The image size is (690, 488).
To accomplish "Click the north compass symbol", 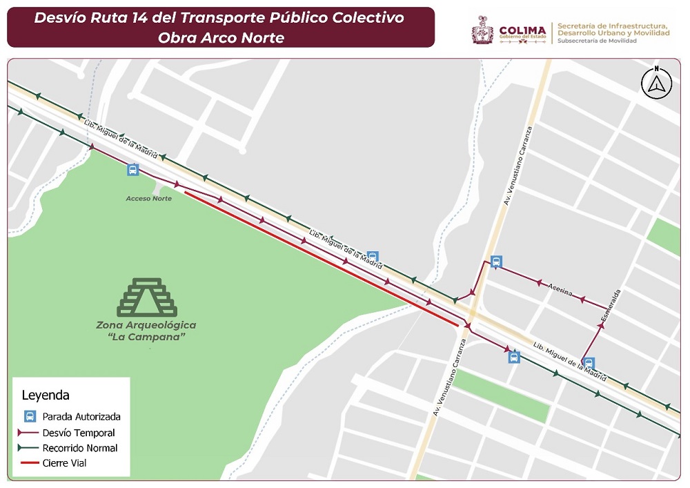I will pyautogui.click(x=657, y=83).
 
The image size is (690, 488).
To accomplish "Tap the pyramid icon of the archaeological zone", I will pyautogui.click(x=148, y=297).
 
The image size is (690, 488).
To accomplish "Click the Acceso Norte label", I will pyautogui.click(x=148, y=199).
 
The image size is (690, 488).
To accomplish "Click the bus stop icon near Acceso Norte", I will pyautogui.click(x=132, y=170).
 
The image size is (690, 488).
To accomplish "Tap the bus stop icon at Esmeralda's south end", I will pyautogui.click(x=589, y=363).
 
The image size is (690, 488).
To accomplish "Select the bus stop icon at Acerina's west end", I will pyautogui.click(x=495, y=262).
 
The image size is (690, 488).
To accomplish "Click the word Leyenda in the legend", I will pyautogui.click(x=46, y=396).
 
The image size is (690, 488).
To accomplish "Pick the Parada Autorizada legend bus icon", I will pyautogui.click(x=30, y=416).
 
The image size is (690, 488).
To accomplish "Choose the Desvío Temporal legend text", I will pyautogui.click(x=79, y=433).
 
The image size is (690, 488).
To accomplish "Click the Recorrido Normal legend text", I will pyautogui.click(x=80, y=448).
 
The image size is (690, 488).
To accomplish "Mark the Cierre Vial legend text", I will pyautogui.click(x=65, y=463).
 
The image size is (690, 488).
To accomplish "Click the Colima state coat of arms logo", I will pyautogui.click(x=483, y=30).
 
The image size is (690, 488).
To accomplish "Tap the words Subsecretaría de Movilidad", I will pyautogui.click(x=597, y=41).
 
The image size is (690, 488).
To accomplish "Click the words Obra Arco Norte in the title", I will pyautogui.click(x=221, y=38).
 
